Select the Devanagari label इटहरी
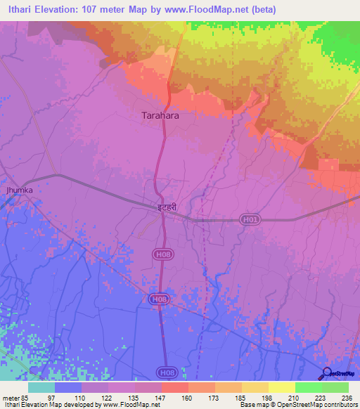[x=163, y=207]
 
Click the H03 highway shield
[x=249, y=219]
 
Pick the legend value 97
[x=51, y=397]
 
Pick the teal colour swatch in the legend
[x=41, y=387]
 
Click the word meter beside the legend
[x=9, y=397]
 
